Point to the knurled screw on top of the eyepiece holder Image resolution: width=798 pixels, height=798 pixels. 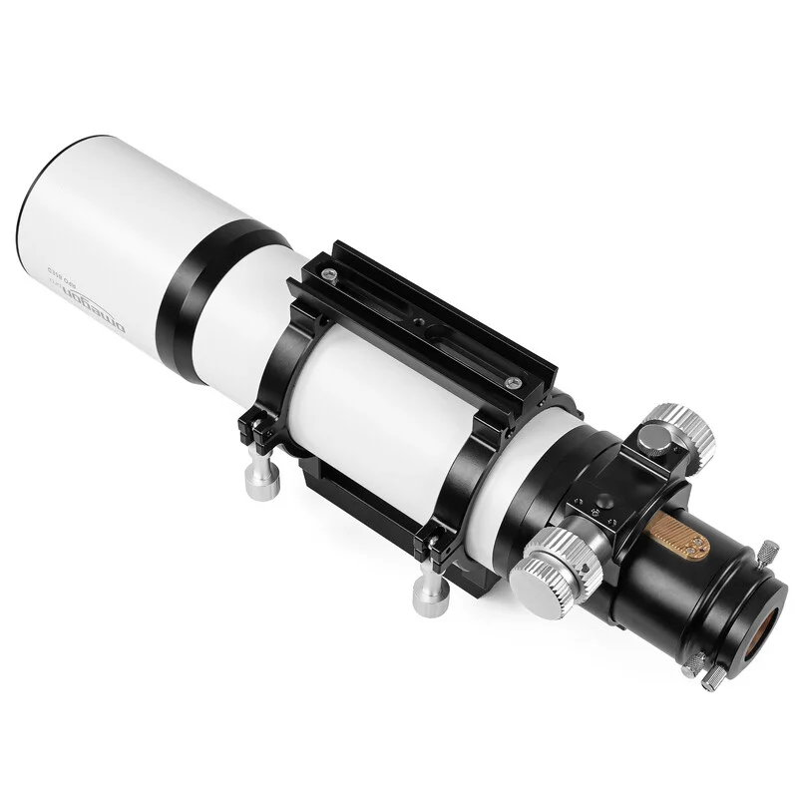click(767, 550)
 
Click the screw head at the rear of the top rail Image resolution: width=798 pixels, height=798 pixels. click(513, 382)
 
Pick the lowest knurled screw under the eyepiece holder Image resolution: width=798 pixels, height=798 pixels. click(710, 678)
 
